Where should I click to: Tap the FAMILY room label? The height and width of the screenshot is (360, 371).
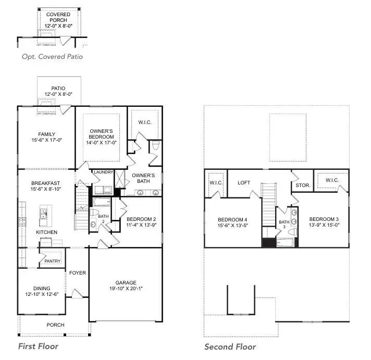46,134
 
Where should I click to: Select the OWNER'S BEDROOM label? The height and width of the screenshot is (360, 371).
102,134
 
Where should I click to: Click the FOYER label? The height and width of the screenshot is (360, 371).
78,272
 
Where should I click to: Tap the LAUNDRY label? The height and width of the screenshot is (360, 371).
103,172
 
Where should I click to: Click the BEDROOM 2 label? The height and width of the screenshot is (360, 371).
141,219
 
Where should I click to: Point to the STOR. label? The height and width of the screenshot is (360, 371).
303,185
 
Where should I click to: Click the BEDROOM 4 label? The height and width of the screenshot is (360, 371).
232,219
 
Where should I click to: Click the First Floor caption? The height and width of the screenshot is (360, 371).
38,346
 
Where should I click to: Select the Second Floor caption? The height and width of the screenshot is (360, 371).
230,346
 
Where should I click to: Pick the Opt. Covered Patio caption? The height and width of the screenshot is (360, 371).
52,57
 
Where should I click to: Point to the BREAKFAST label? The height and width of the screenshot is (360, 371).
45,183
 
